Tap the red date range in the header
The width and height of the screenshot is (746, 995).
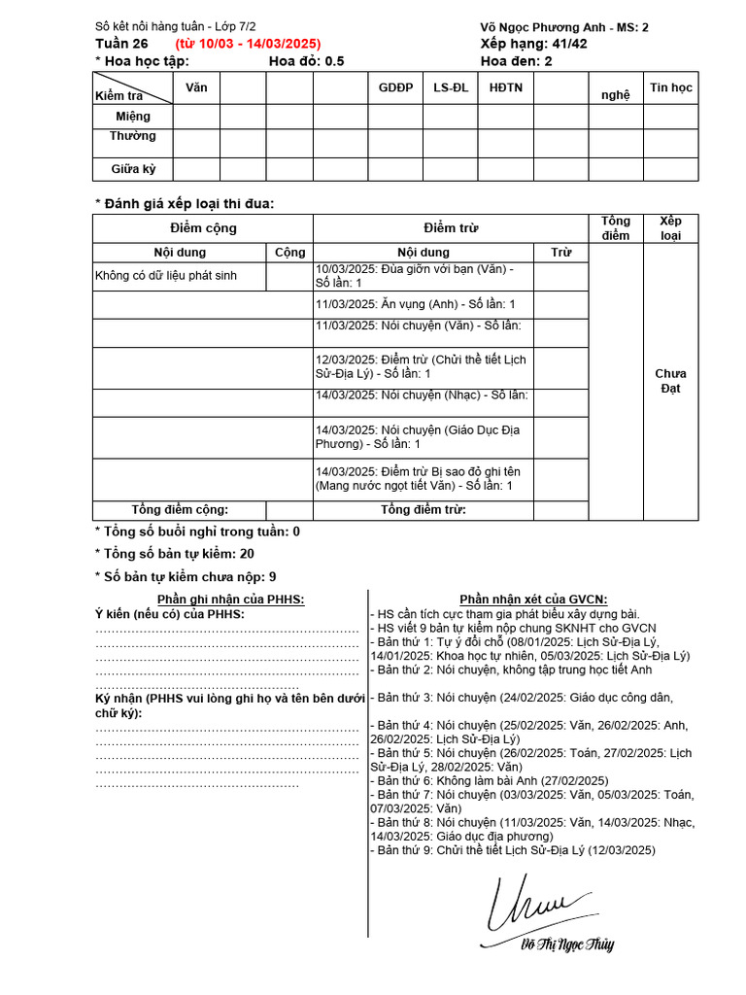pos(248,44)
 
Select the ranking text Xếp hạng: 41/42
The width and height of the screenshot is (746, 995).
pos(533,44)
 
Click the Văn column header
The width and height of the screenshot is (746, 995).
pos(196,87)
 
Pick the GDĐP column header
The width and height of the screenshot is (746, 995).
pos(395,87)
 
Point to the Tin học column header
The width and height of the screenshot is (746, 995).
pos(671,87)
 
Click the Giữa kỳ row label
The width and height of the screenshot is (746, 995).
pos(133,168)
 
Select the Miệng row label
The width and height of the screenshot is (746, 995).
pos(133,117)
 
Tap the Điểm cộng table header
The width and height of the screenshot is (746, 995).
pos(203,228)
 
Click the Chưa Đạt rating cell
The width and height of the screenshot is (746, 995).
pos(670,381)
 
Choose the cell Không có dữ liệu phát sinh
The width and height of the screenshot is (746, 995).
pos(166,276)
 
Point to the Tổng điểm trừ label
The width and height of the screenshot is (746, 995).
pos(423,509)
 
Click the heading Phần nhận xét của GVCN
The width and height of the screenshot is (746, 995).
pos(533,600)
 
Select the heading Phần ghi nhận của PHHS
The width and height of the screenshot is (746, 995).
pos(230,600)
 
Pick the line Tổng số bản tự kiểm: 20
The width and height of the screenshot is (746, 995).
pos(175,553)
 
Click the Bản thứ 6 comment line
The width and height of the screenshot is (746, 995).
pos(491,780)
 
